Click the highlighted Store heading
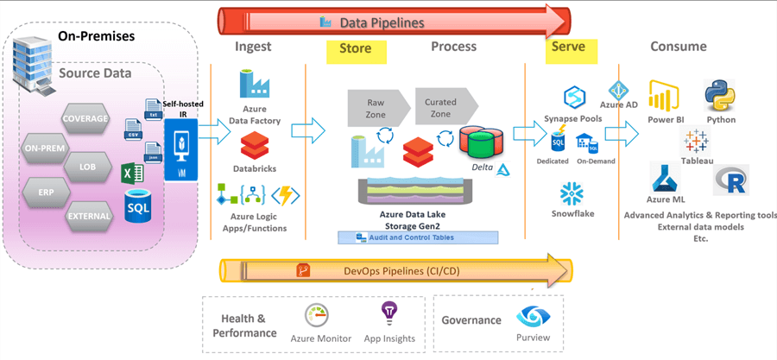pos(356,48)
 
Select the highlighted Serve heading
pos(572,47)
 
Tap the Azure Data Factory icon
pos(254,85)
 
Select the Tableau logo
pos(695,141)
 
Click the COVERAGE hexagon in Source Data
pos(85,117)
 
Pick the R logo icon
pos(730,180)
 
